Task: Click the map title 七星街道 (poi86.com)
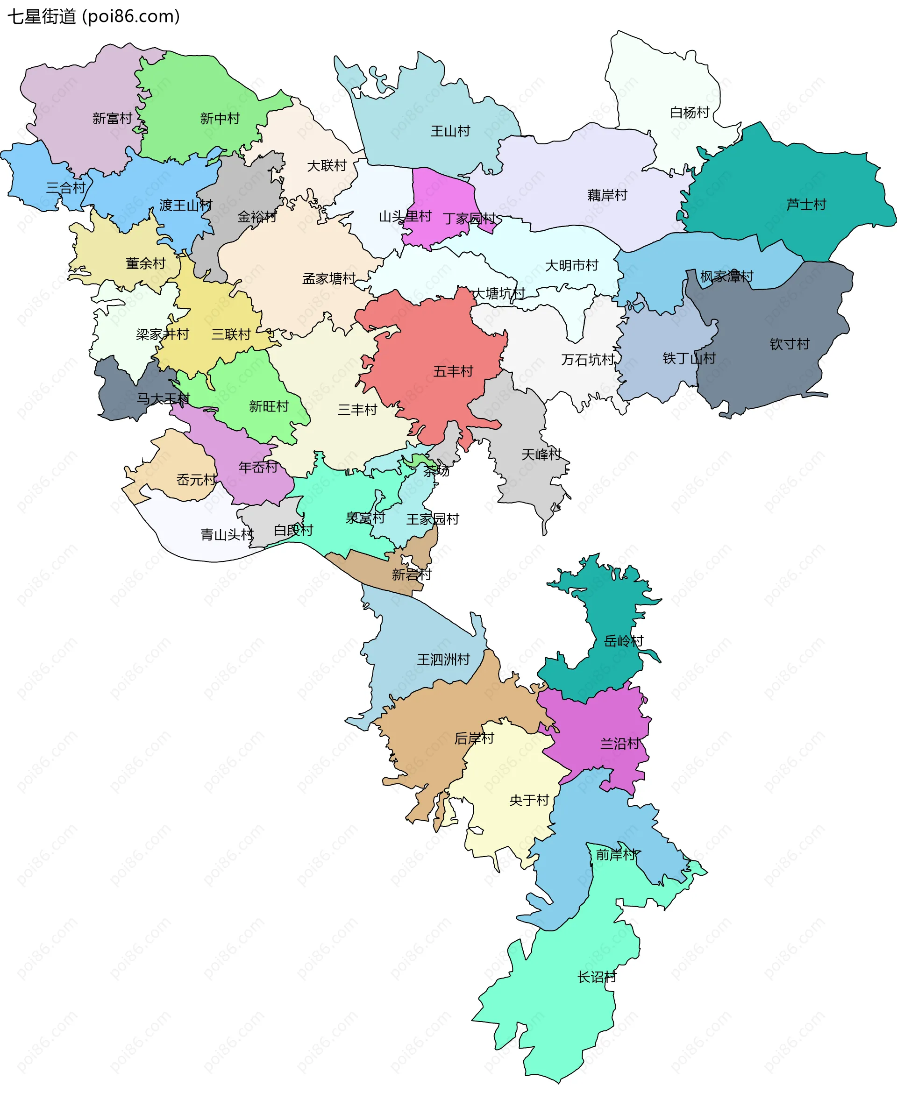tap(93, 16)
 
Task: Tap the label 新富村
tap(112, 118)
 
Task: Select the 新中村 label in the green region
tap(220, 118)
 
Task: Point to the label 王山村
tap(450, 131)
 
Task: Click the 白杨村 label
tap(689, 112)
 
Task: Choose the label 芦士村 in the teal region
tap(805, 204)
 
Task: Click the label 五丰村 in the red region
tap(453, 371)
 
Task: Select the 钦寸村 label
tap(789, 344)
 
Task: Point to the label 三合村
tap(65, 188)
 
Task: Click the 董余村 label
tap(145, 263)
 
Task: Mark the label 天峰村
tap(541, 454)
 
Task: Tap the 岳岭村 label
tap(623, 641)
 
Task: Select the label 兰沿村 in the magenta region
tap(619, 744)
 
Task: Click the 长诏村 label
tap(596, 977)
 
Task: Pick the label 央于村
tap(528, 801)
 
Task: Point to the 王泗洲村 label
tap(443, 660)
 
